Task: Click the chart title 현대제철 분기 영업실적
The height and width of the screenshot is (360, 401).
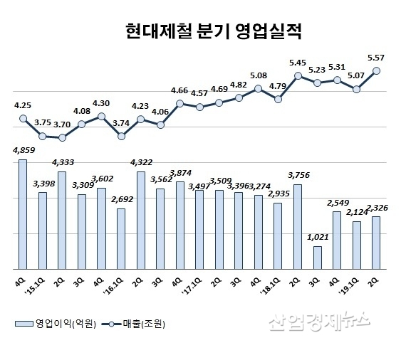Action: (x=202, y=31)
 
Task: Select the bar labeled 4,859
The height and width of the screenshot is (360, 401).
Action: (x=23, y=213)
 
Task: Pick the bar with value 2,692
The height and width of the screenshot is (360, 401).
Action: (x=121, y=238)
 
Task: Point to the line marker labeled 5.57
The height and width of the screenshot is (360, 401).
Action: (x=377, y=70)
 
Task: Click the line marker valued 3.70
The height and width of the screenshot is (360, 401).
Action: (x=62, y=137)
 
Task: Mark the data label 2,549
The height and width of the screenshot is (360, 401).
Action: (x=337, y=205)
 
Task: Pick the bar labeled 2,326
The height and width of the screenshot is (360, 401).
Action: (x=376, y=242)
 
